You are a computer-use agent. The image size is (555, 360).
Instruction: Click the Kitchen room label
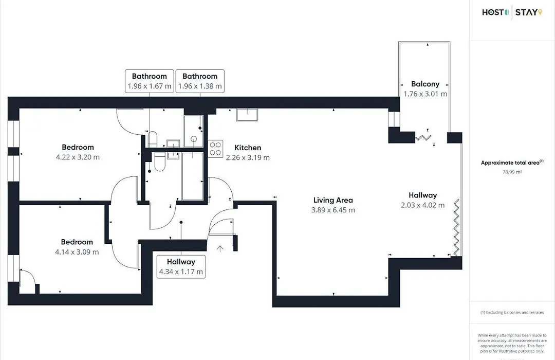248,148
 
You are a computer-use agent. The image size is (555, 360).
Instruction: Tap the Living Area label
333,200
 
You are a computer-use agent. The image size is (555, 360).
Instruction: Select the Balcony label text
425,84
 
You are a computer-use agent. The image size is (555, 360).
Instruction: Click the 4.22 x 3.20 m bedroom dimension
78,157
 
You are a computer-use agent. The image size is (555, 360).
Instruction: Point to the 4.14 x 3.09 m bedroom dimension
77,252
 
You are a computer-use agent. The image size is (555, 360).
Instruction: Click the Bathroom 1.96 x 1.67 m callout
150,81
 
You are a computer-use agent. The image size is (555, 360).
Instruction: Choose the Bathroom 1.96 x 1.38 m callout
200,81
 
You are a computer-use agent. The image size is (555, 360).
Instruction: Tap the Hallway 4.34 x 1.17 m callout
181,266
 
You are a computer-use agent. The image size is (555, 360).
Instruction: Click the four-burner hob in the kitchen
215,149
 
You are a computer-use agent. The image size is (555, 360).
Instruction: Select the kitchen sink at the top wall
247,115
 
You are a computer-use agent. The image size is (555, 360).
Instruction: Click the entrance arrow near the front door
220,248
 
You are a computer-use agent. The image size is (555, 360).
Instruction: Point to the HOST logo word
493,12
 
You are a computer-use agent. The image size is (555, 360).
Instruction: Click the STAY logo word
526,12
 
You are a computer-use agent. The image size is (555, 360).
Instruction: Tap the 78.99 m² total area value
512,172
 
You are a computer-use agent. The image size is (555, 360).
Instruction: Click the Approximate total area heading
510,163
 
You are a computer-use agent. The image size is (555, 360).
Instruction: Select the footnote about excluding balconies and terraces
512,313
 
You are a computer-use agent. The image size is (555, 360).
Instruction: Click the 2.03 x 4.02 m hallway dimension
422,205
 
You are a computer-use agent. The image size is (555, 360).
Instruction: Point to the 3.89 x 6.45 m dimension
333,210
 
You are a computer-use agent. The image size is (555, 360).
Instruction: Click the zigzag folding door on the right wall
457,227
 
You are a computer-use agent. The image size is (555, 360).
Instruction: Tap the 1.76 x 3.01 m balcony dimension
425,94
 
